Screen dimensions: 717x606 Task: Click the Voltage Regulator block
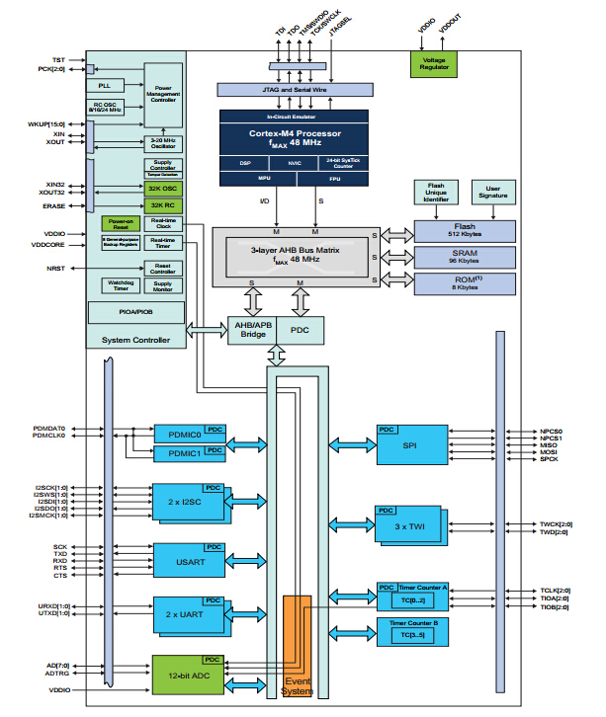pos(435,62)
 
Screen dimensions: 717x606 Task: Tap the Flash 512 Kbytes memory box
pos(464,231)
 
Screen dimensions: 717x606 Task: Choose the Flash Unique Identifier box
pos(435,192)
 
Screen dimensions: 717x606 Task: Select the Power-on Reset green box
pos(121,224)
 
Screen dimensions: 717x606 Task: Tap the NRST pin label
pos(55,268)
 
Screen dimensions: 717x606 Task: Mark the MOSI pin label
pos(551,451)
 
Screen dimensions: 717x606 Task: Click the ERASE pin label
pos(53,205)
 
